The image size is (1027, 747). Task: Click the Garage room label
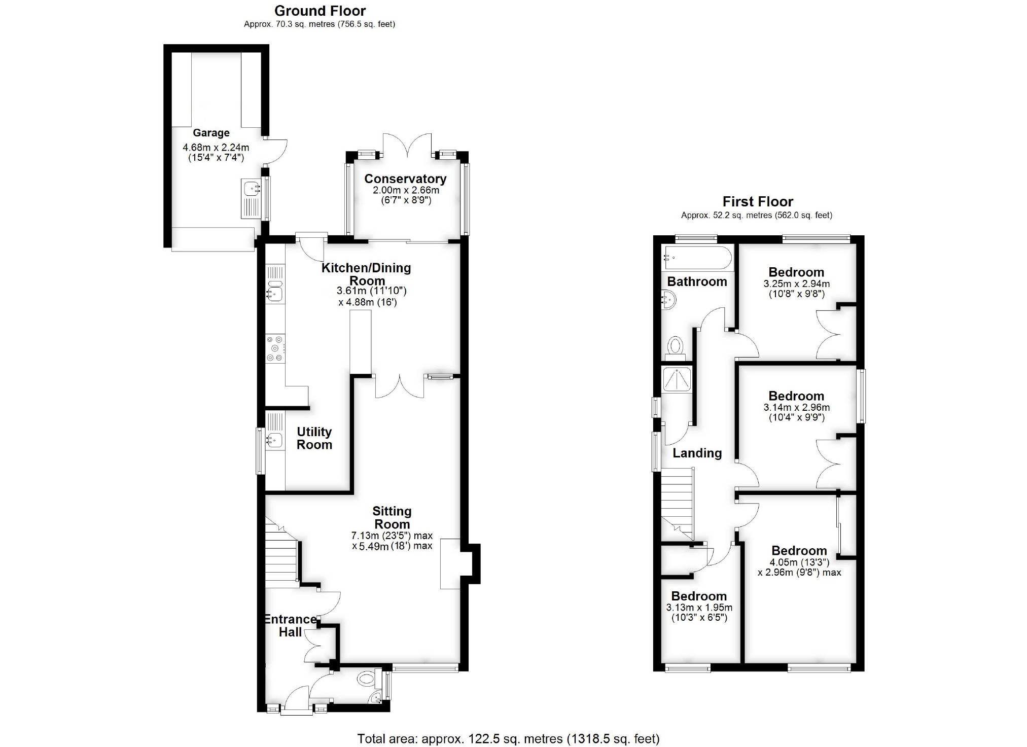[x=211, y=133]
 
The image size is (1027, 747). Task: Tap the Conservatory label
[x=405, y=179]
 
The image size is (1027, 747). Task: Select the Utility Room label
[x=314, y=438]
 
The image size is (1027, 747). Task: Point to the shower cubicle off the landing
[x=677, y=379]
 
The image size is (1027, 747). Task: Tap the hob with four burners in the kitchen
[x=275, y=348]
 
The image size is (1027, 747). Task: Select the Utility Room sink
[x=275, y=440]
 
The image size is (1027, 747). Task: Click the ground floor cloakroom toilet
[x=365, y=678]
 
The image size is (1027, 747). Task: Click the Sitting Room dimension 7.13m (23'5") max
[x=392, y=536]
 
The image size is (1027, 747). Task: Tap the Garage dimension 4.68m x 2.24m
[x=216, y=148]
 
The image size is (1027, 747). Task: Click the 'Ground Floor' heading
[x=320, y=11]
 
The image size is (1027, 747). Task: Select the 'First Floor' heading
[x=758, y=201]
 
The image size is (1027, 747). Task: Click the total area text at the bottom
[x=508, y=739]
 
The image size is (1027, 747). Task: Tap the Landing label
[x=697, y=453]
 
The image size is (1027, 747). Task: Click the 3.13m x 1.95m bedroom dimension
[x=699, y=608]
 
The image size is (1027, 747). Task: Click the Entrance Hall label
[x=290, y=626]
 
